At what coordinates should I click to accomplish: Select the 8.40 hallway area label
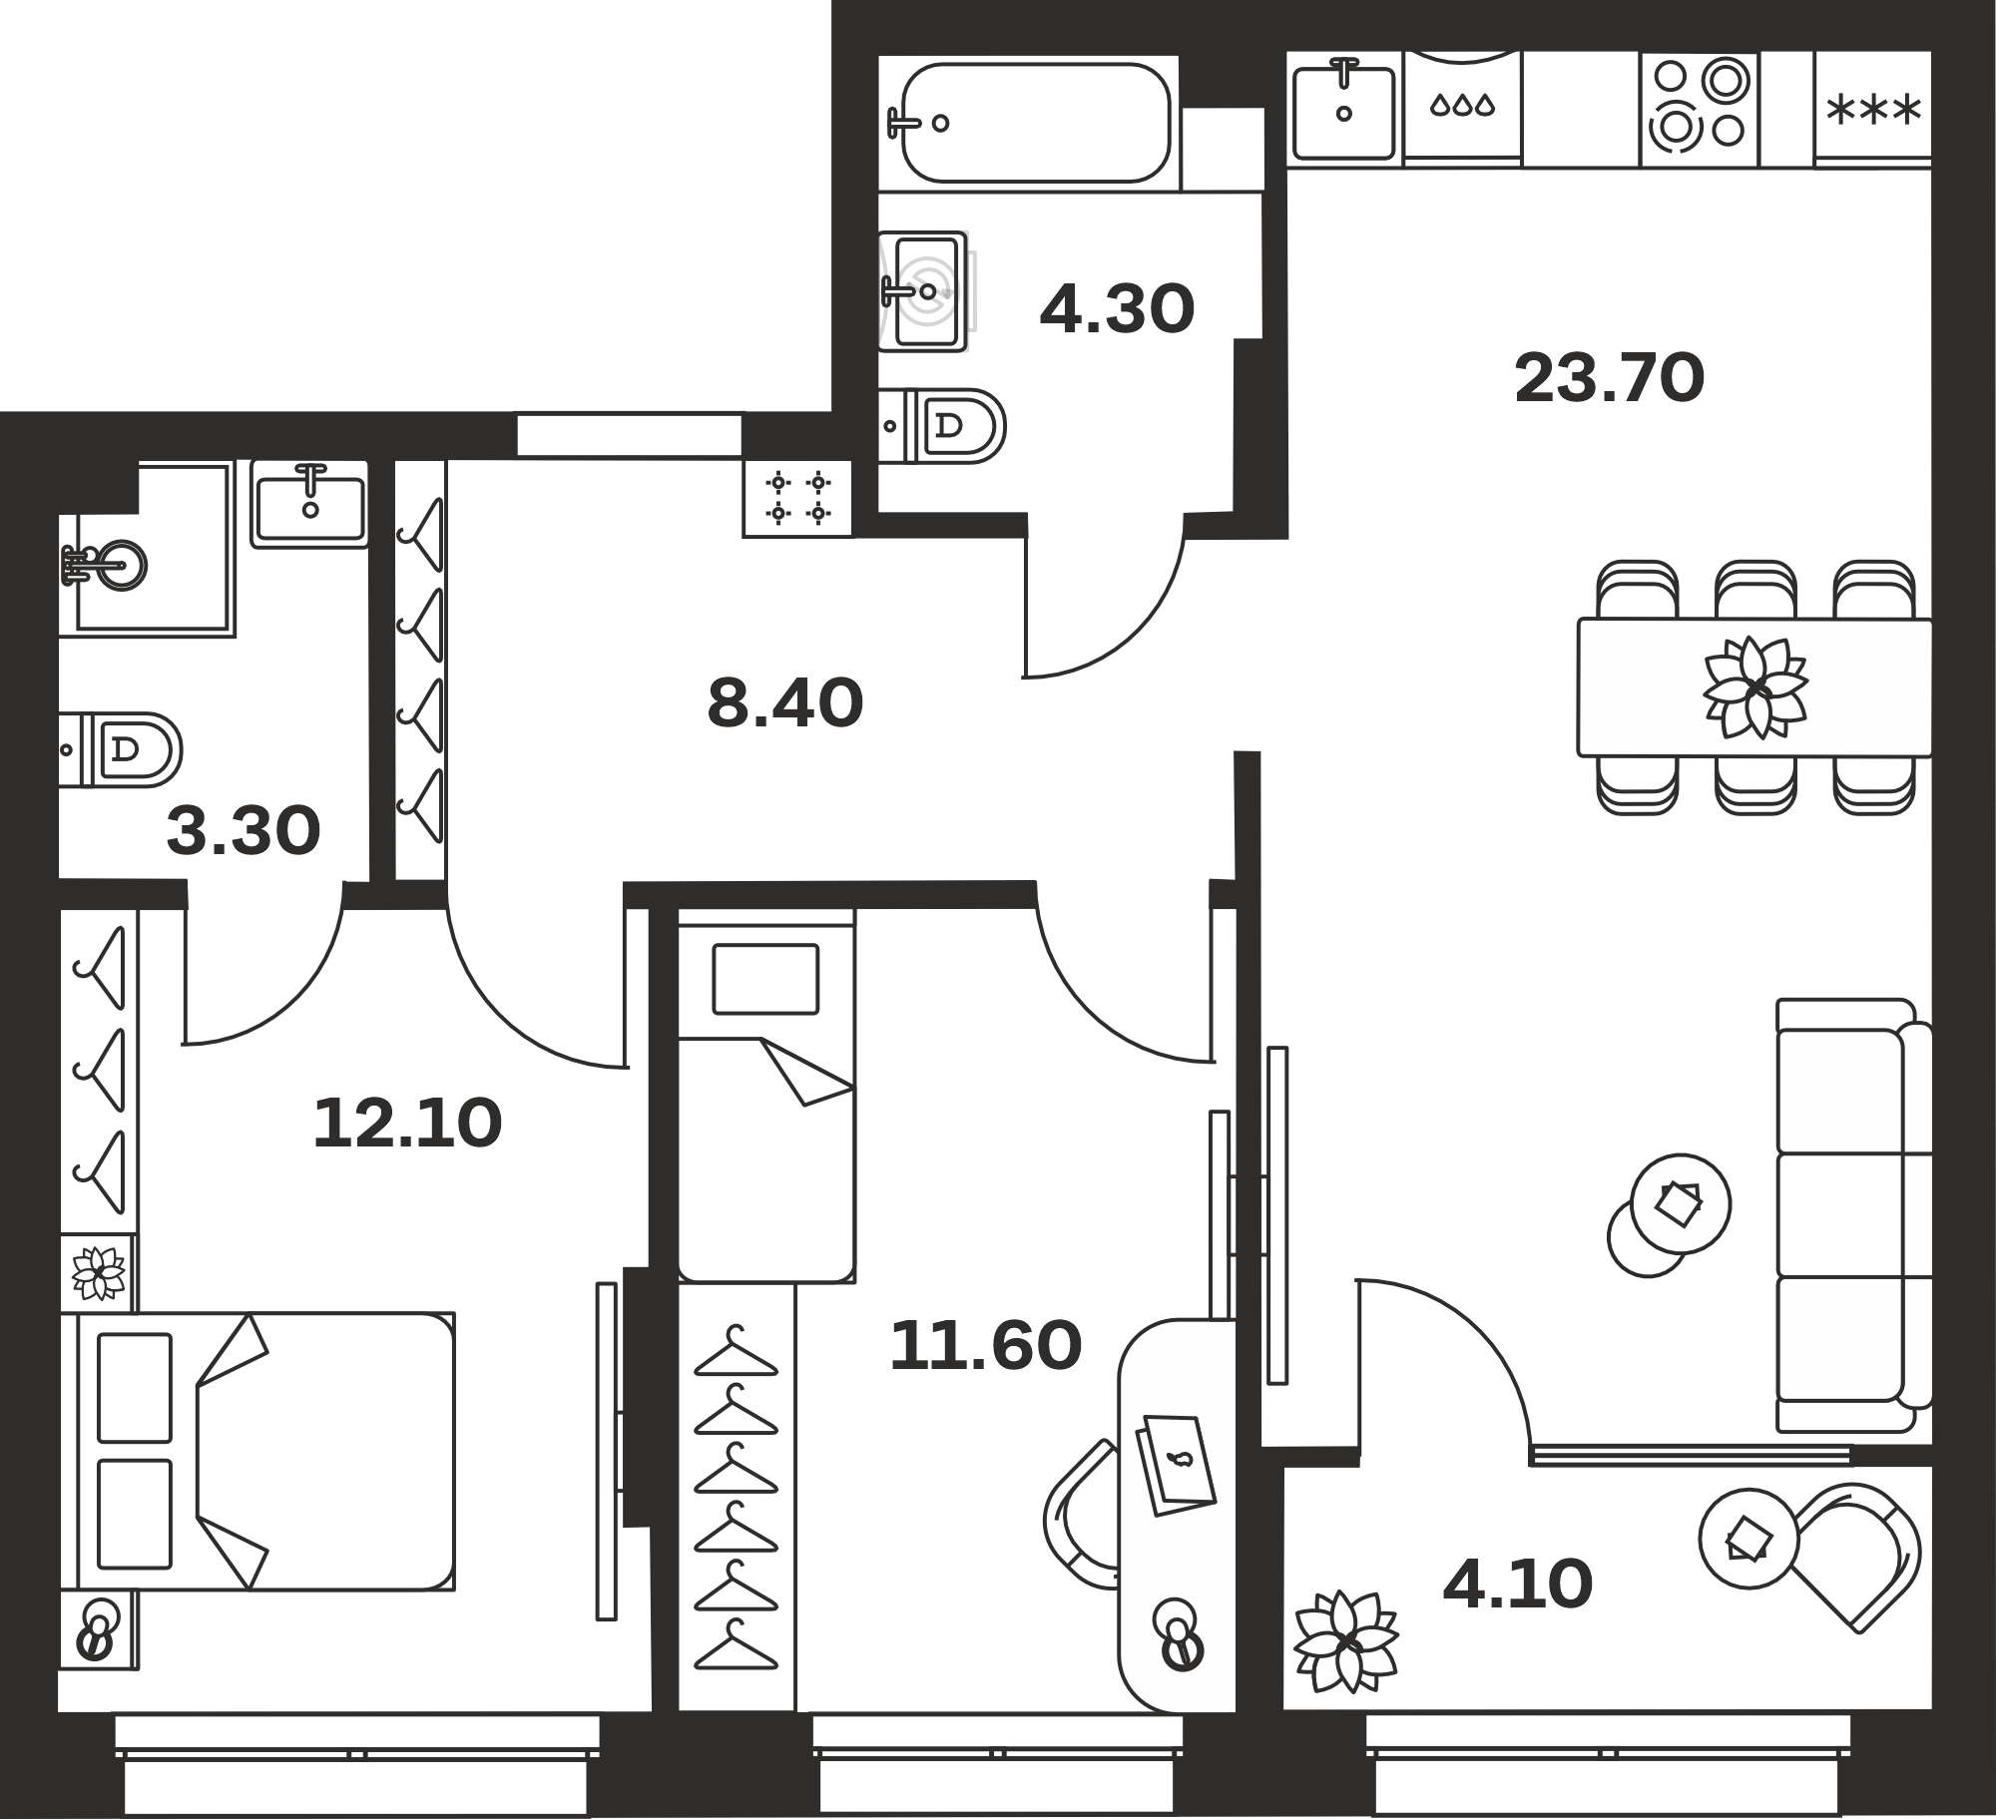pos(784,702)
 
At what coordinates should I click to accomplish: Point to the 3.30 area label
pos(244,832)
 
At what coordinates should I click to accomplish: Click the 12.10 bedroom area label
pos(407,1124)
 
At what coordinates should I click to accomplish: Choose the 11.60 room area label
pos(985,1345)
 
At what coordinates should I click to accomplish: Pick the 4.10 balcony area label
pos(1518,1586)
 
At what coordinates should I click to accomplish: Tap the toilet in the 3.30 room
pos(121,749)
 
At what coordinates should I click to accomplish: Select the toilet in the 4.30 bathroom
pos(943,426)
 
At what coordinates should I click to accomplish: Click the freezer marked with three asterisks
pos(1872,109)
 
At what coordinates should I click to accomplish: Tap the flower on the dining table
pos(1754,687)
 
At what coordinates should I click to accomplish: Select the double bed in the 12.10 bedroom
pos(256,1451)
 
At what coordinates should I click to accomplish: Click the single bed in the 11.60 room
pos(765,1095)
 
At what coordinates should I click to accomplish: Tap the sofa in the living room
pos(1853,1215)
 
